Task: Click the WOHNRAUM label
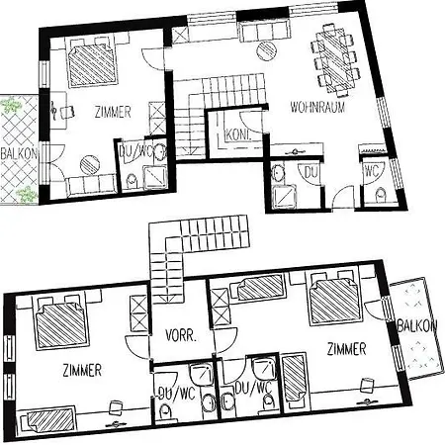(317, 108)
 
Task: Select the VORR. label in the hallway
(181, 336)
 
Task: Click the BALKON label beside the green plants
(19, 153)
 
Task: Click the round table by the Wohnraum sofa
(266, 51)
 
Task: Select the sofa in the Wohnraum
(265, 31)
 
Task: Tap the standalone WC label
(372, 171)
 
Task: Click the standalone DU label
(311, 172)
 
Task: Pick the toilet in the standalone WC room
(381, 196)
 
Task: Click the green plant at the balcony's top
(11, 105)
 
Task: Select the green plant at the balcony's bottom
(26, 195)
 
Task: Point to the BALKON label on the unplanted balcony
(417, 326)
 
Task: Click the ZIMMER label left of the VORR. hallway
(82, 371)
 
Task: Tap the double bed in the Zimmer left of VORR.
(62, 321)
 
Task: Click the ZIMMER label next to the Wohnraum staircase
(113, 112)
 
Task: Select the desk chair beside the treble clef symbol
(67, 112)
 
